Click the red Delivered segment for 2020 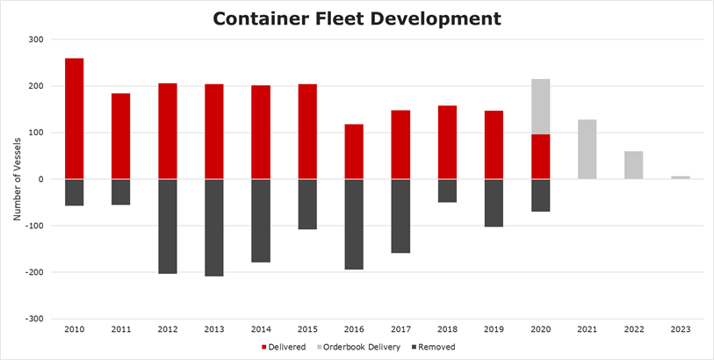click(x=541, y=156)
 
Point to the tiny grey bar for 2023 click(x=681, y=177)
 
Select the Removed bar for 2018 click(x=447, y=191)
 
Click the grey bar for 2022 click(x=634, y=165)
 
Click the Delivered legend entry click(x=285, y=347)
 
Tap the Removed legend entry click(x=436, y=347)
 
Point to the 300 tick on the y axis click(x=35, y=40)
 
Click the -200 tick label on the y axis click(x=32, y=272)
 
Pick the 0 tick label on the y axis click(x=40, y=179)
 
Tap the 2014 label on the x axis click(x=261, y=329)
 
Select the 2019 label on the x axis click(x=494, y=329)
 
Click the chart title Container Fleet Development click(x=357, y=18)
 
